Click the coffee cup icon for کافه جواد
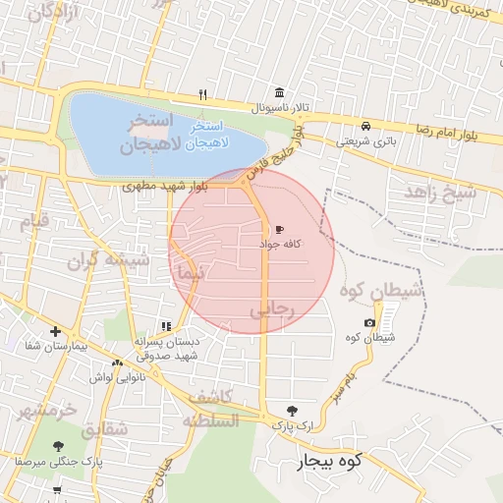pos(280,229)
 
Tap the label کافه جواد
pos(281,243)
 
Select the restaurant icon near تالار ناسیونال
pos(203,94)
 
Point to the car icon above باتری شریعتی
pos(365,126)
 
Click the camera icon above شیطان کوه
pos(369,322)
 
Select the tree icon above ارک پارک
pos(291,410)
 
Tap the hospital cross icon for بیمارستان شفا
pos(55,332)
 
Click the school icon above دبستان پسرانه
pos(166,326)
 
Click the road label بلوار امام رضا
pos(442,131)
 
